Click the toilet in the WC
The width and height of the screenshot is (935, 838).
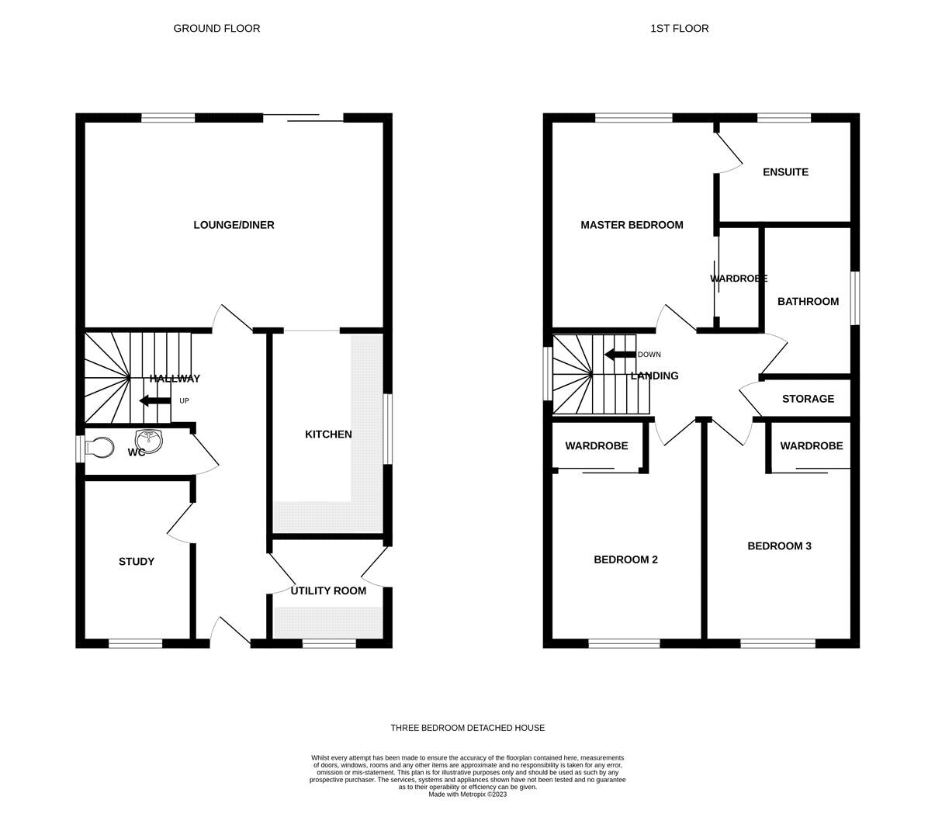pyautogui.click(x=99, y=448)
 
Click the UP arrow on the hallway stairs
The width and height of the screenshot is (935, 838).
pyautogui.click(x=155, y=400)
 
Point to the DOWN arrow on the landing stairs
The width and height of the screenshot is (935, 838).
pyautogui.click(x=620, y=355)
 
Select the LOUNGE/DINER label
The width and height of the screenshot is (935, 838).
pyautogui.click(x=234, y=225)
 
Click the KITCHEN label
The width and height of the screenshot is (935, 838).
pyautogui.click(x=328, y=435)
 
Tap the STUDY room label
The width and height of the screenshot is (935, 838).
pyautogui.click(x=136, y=562)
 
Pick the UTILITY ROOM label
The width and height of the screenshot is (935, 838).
pyautogui.click(x=328, y=590)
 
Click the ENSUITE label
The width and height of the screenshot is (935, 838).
pyautogui.click(x=785, y=172)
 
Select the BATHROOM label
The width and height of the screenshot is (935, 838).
pyautogui.click(x=808, y=301)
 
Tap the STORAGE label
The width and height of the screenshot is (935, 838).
pyautogui.click(x=808, y=399)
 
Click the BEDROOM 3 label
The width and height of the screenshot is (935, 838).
pyautogui.click(x=779, y=546)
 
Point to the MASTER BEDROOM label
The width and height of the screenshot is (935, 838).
pyautogui.click(x=632, y=225)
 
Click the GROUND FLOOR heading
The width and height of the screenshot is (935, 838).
pyautogui.click(x=216, y=28)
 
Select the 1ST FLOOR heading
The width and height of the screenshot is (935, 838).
pyautogui.click(x=679, y=28)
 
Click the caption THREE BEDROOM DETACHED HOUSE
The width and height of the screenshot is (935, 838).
pyautogui.click(x=467, y=728)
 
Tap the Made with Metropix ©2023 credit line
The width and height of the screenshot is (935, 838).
pyautogui.click(x=467, y=795)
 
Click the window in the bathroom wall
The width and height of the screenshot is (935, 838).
pyautogui.click(x=855, y=298)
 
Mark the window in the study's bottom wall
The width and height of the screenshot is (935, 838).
pyautogui.click(x=135, y=643)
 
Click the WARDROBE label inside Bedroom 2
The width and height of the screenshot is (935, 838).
pyautogui.click(x=596, y=445)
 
